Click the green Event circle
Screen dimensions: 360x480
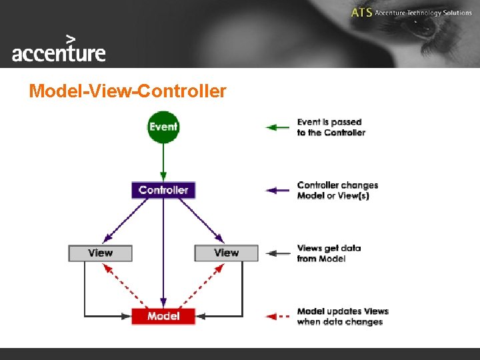pyautogui.click(x=163, y=127)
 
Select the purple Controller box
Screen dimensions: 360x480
pyautogui.click(x=163, y=190)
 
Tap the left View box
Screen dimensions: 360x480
pyautogui.click(x=100, y=253)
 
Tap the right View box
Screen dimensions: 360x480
pyautogui.click(x=226, y=253)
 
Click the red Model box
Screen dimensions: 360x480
pyautogui.click(x=163, y=316)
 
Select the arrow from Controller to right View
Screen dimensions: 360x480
pyautogui.click(x=200, y=221)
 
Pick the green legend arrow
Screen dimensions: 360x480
pyautogui.click(x=278, y=127)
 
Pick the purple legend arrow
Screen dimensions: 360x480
pyautogui.click(x=278, y=191)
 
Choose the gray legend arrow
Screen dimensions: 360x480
pyautogui.click(x=278, y=253)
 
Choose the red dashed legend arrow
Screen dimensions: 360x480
pyautogui.click(x=278, y=316)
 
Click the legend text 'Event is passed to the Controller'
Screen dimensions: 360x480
pyautogui.click(x=331, y=127)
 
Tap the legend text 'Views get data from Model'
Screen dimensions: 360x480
pyautogui.click(x=329, y=253)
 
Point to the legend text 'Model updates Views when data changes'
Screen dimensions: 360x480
pyautogui.click(x=342, y=316)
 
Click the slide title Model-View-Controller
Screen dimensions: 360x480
pyautogui.click(x=127, y=91)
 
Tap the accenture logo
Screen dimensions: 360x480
pyautogui.click(x=59, y=51)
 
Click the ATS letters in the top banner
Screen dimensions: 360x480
pyautogui.click(x=361, y=13)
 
